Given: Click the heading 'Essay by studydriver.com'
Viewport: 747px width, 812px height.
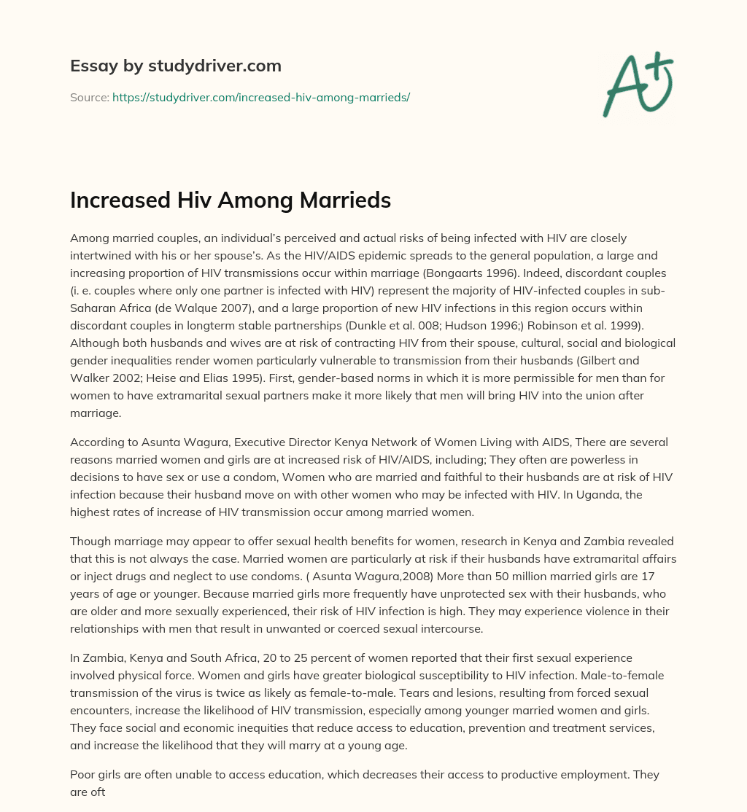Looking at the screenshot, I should click(176, 66).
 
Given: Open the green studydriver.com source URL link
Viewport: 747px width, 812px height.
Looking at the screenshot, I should click(260, 97).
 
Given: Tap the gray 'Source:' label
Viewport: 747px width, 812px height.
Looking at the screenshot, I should click(89, 97).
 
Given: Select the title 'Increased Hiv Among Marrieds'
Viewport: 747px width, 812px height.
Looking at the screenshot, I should click(231, 200).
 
